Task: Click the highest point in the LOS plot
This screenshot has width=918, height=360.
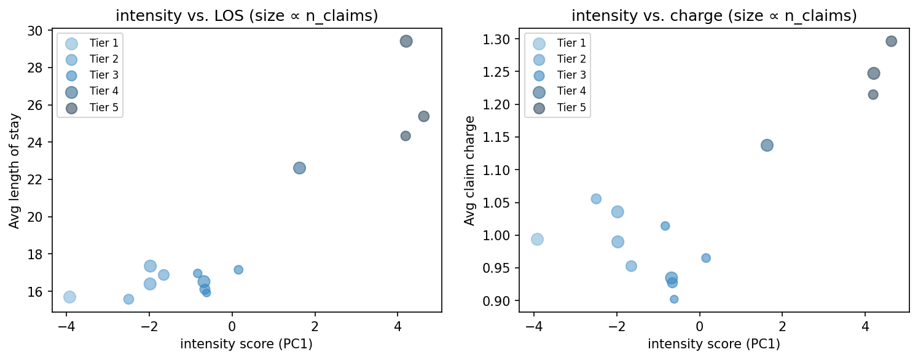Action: click(406, 41)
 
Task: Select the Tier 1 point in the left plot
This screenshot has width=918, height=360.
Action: click(69, 297)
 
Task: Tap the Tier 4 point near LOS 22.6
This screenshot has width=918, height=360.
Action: click(299, 168)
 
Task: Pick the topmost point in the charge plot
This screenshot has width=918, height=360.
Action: click(891, 41)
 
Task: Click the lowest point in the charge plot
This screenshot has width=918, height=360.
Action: click(674, 299)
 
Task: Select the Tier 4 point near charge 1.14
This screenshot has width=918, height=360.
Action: click(767, 145)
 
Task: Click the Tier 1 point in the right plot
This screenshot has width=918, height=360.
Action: click(537, 239)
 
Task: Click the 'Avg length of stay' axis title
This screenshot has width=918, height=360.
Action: click(15, 171)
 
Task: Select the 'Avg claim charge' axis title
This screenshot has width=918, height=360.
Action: click(470, 171)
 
